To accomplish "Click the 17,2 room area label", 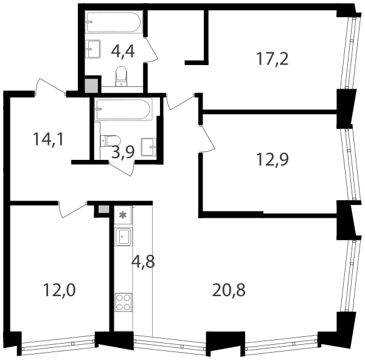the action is (x=272, y=59).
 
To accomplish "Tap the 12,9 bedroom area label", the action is (x=272, y=160).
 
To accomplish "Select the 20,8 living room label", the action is (x=229, y=290).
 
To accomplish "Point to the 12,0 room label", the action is (x=60, y=290).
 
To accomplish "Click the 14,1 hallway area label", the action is (x=49, y=139).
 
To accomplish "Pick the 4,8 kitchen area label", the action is (x=143, y=261).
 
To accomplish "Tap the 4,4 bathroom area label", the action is (x=123, y=52).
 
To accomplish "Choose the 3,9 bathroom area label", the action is (x=123, y=152).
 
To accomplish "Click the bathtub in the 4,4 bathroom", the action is (x=114, y=22).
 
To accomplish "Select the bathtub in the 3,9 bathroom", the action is (x=123, y=109).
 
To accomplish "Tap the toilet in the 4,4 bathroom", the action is (x=121, y=77).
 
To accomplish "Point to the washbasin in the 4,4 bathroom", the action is (x=93, y=49).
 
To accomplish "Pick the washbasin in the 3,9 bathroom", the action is (x=148, y=147).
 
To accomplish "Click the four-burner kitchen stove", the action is (x=123, y=302).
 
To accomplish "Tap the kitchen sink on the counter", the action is (x=123, y=237).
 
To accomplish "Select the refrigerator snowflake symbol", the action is (x=123, y=215).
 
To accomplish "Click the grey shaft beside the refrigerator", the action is (x=103, y=209).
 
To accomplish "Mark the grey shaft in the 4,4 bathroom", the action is (x=91, y=86).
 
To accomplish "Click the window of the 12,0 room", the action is (x=58, y=343).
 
